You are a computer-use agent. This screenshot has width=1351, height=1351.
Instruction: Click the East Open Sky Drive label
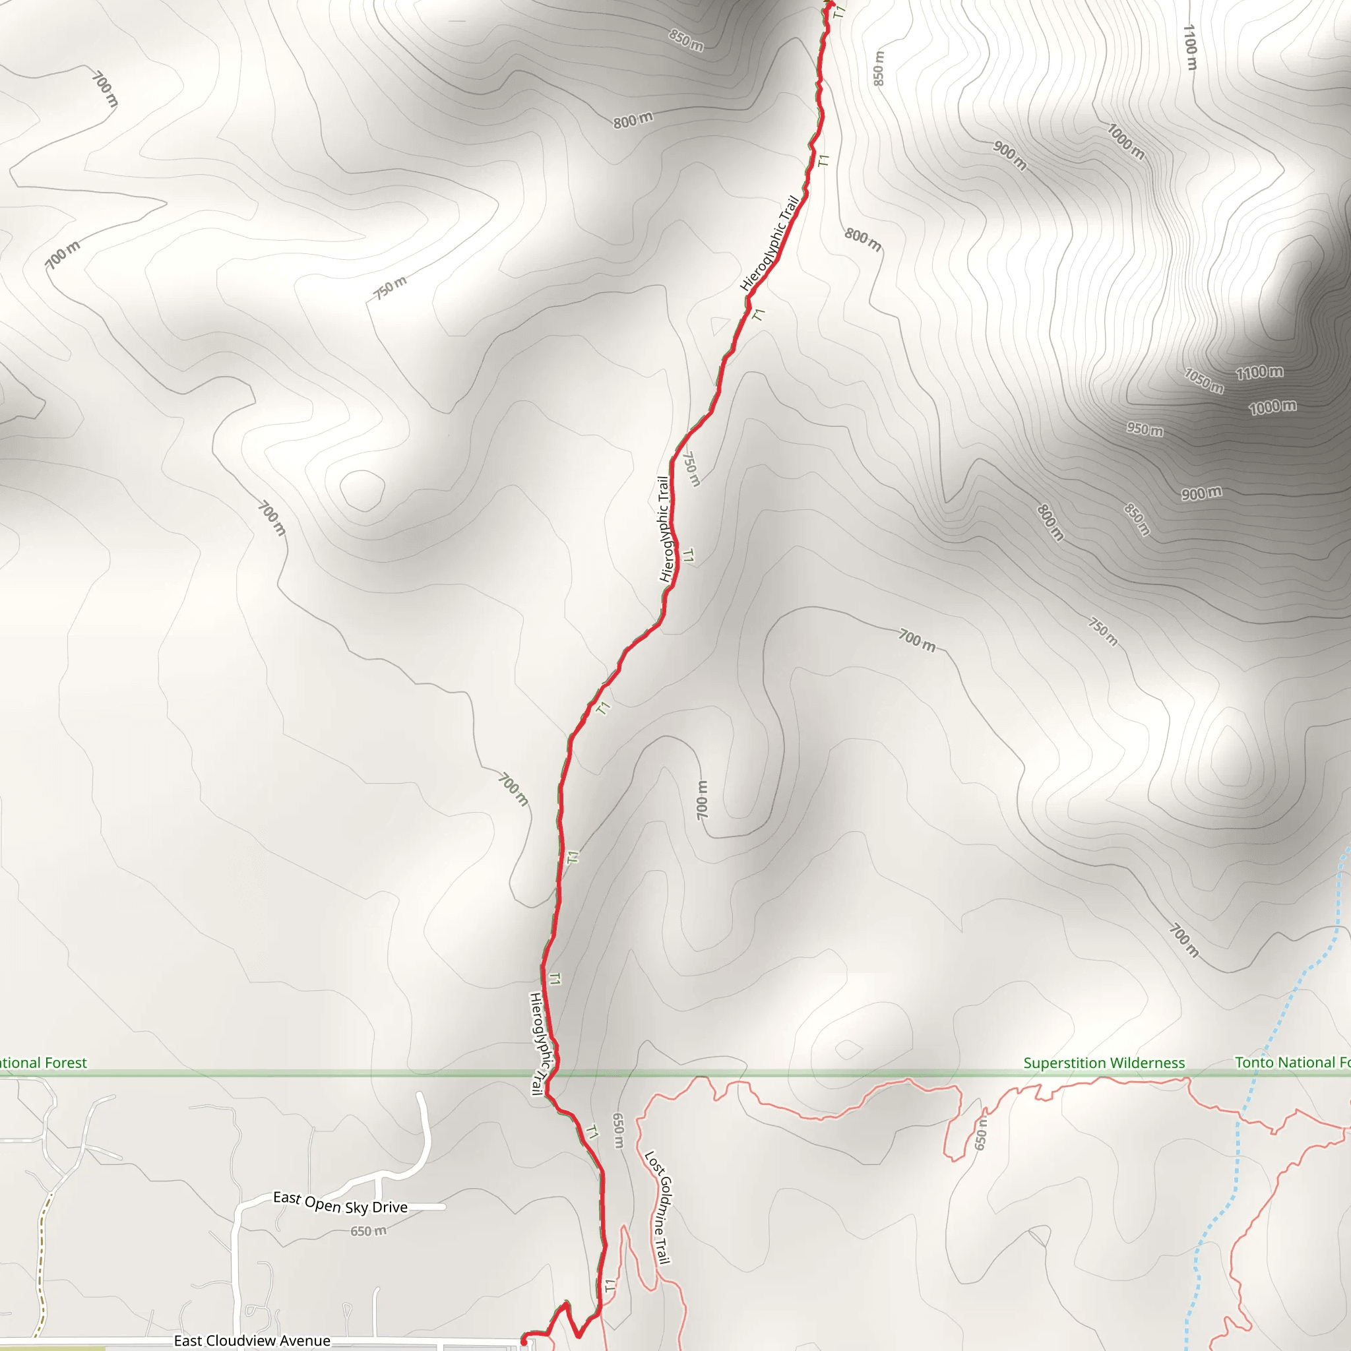pyautogui.click(x=340, y=1203)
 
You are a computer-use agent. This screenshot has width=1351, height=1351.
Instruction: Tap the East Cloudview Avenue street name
pyautogui.click(x=252, y=1340)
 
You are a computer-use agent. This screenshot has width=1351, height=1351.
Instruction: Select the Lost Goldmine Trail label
pyautogui.click(x=657, y=1208)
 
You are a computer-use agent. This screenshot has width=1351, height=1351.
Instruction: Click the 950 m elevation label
pyautogui.click(x=1145, y=429)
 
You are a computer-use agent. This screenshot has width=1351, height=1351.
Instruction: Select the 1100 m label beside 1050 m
pyautogui.click(x=1259, y=372)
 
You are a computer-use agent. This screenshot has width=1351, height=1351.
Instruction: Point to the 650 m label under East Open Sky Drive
pyautogui.click(x=368, y=1231)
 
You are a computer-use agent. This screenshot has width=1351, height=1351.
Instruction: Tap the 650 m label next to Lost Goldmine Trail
pyautogui.click(x=617, y=1131)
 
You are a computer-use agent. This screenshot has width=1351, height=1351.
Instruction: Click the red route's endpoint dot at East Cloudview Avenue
pyautogui.click(x=524, y=1341)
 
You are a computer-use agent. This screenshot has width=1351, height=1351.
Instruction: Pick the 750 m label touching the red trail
pyautogui.click(x=691, y=468)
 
